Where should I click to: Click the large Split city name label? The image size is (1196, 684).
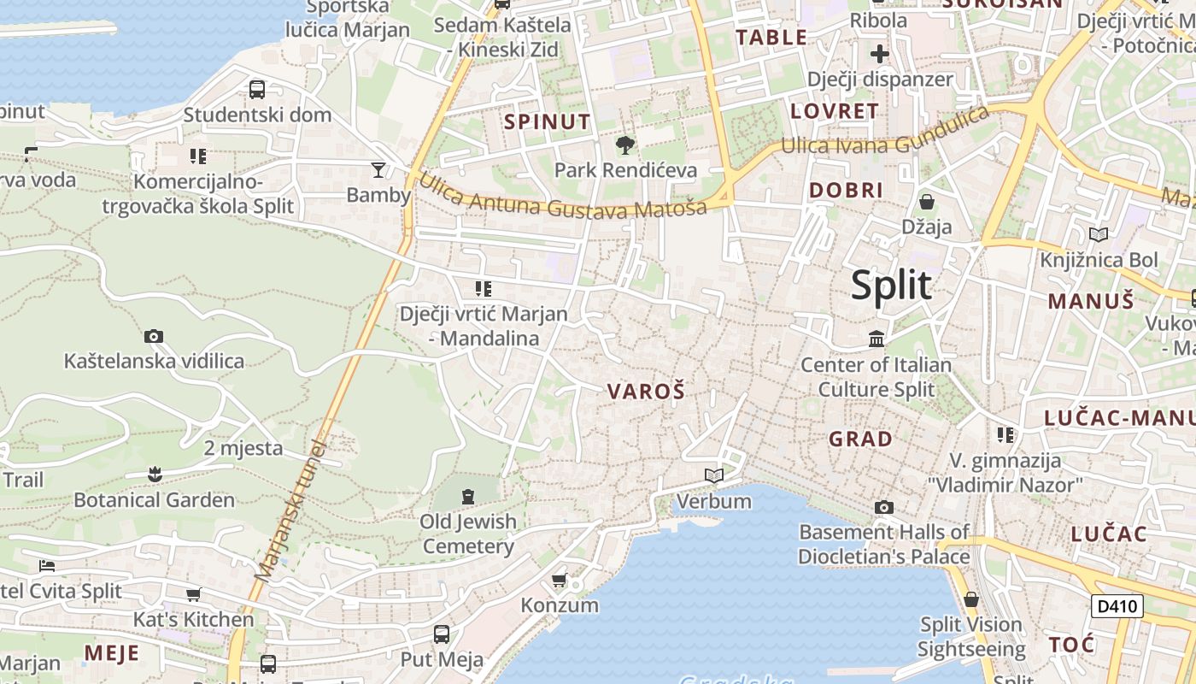(x=890, y=286)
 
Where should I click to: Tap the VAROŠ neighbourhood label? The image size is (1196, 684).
(x=646, y=392)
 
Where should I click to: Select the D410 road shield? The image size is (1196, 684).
(x=1117, y=607)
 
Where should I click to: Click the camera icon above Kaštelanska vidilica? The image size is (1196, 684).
(x=154, y=336)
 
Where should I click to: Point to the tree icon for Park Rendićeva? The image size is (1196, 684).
(x=625, y=144)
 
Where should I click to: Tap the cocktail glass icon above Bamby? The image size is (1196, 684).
(x=378, y=169)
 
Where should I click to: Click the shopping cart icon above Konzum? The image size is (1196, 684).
(x=560, y=581)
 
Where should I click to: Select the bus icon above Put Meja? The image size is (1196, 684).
(x=442, y=634)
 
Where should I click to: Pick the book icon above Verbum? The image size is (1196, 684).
(x=714, y=475)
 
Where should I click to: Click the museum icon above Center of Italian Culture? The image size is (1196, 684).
(x=876, y=339)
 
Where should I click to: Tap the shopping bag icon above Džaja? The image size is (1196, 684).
(x=927, y=203)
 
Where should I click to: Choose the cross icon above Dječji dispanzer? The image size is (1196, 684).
(x=880, y=54)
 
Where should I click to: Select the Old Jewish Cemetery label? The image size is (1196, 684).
(x=468, y=534)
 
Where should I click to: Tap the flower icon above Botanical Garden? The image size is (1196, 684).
(x=154, y=473)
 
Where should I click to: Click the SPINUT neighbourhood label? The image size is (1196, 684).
(x=547, y=121)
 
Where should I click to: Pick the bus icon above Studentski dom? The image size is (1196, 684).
(x=256, y=89)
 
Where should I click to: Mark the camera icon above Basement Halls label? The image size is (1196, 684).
(x=884, y=507)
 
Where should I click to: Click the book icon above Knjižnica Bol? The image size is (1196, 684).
(x=1099, y=234)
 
